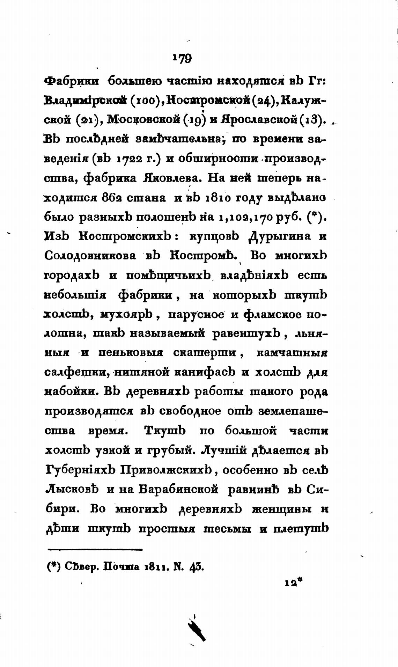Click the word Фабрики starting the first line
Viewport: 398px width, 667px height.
(x=72, y=81)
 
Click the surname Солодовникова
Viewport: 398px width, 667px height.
(x=90, y=256)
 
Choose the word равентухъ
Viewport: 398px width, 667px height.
(x=246, y=334)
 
